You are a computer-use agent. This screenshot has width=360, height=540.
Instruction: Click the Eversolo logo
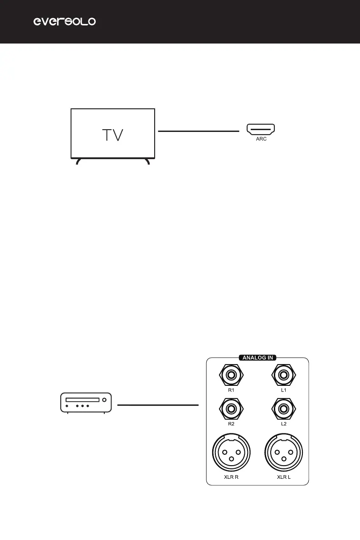point(65,22)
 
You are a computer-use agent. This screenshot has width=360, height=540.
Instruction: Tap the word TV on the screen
point(112,135)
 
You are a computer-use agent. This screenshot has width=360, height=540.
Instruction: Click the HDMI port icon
point(261,130)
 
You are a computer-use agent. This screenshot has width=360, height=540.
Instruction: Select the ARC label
point(261,140)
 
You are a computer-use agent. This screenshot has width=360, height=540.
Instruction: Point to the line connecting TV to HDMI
point(198,131)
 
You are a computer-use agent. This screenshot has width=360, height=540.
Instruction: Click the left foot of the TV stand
point(78,161)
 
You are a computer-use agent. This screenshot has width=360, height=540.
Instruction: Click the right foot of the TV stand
point(148,161)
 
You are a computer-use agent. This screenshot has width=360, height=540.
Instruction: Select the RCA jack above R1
point(231,375)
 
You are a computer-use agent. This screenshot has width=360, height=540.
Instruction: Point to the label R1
point(231,390)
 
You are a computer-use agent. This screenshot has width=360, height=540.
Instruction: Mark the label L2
point(284,423)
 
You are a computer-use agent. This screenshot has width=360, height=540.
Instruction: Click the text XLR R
point(231,477)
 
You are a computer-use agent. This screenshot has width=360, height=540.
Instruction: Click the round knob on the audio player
point(105,400)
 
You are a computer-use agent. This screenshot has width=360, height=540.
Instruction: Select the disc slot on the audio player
point(83,400)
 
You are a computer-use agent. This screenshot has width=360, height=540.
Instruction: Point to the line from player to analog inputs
point(158,404)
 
